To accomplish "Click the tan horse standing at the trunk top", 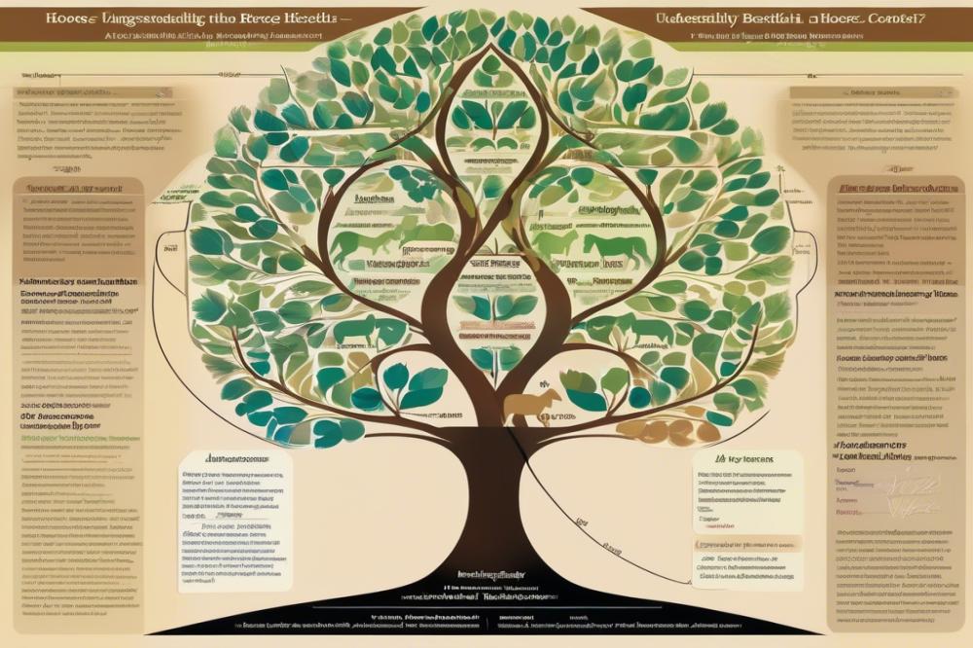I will (x=530, y=405).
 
